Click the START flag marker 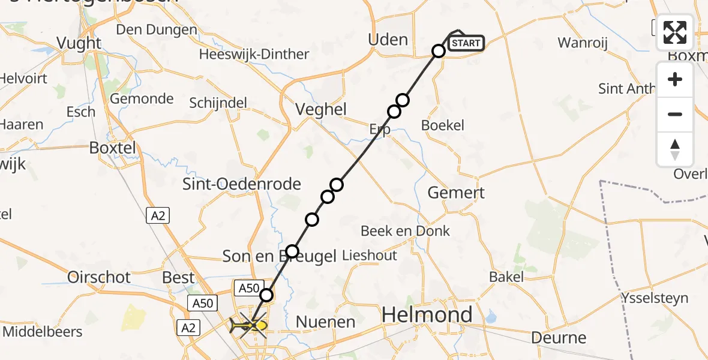[x=466, y=43]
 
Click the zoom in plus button [x=675, y=80]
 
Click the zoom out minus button [x=675, y=114]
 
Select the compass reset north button [x=675, y=149]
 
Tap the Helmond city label [x=427, y=314]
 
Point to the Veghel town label [x=321, y=109]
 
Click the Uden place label [x=388, y=40]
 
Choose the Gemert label [x=455, y=193]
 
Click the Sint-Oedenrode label [x=241, y=184]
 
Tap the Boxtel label [x=112, y=147]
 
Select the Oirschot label [x=99, y=277]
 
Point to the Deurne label [x=559, y=338]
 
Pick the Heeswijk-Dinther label [x=254, y=55]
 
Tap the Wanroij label [x=583, y=43]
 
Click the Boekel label [x=443, y=125]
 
